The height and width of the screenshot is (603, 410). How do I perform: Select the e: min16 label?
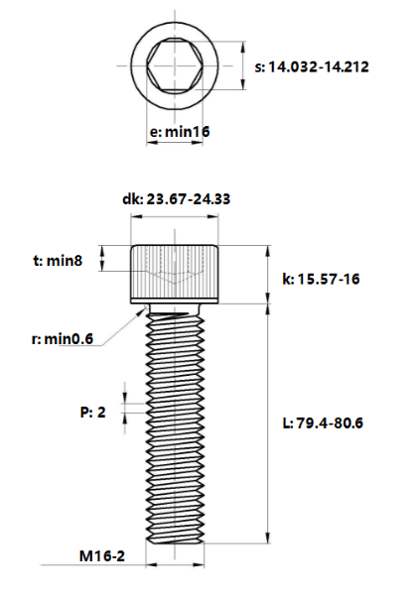click(179, 130)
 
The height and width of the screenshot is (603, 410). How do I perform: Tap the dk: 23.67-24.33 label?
click(177, 199)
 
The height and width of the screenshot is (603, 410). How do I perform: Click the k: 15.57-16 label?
click(321, 280)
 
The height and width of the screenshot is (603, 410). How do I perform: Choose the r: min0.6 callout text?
click(62, 338)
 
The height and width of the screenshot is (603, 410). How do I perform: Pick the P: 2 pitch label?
click(92, 412)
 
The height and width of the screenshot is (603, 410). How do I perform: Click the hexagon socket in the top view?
click(177, 67)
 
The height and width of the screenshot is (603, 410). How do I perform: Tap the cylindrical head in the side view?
click(176, 273)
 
